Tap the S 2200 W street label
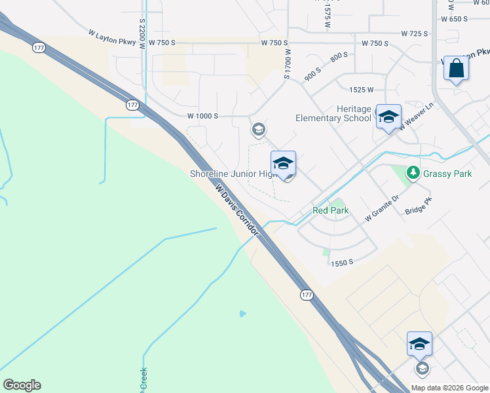click(142, 30)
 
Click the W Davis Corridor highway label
click(237, 210)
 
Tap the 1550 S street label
click(342, 262)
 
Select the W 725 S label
click(415, 33)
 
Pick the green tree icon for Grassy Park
click(413, 173)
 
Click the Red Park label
click(330, 210)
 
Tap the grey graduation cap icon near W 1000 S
click(259, 129)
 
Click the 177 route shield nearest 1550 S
click(307, 295)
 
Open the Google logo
click(22, 385)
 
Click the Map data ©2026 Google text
click(449, 388)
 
